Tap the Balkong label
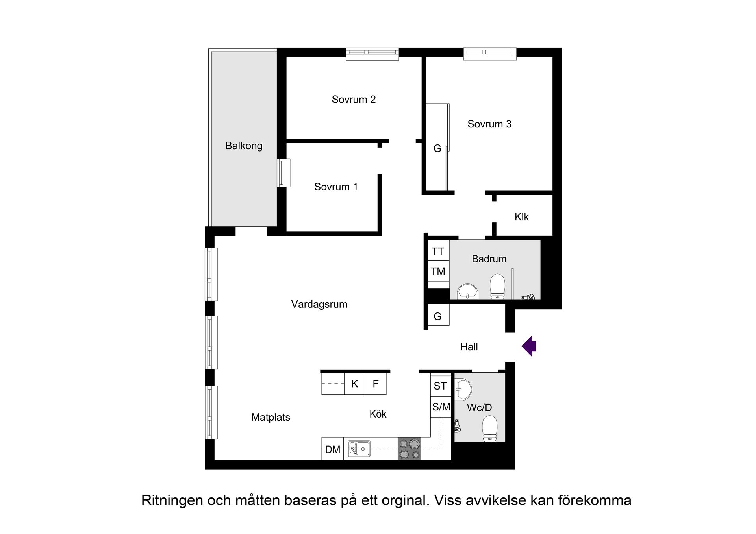[x=244, y=146]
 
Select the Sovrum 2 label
[x=354, y=99]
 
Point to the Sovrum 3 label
[x=489, y=124]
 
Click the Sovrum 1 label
[x=336, y=187]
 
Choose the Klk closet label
[x=521, y=217]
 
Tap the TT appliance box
[x=438, y=251]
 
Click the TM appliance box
[x=438, y=271]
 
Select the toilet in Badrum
[x=497, y=286]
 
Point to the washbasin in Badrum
[x=467, y=292]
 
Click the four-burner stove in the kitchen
[x=409, y=449]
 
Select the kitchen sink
[x=359, y=449]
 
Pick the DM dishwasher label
[x=333, y=449]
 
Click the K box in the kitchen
[x=355, y=384]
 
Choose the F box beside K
[x=376, y=384]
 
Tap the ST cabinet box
[x=440, y=386]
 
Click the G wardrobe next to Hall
[x=438, y=316]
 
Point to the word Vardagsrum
[x=319, y=304]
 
